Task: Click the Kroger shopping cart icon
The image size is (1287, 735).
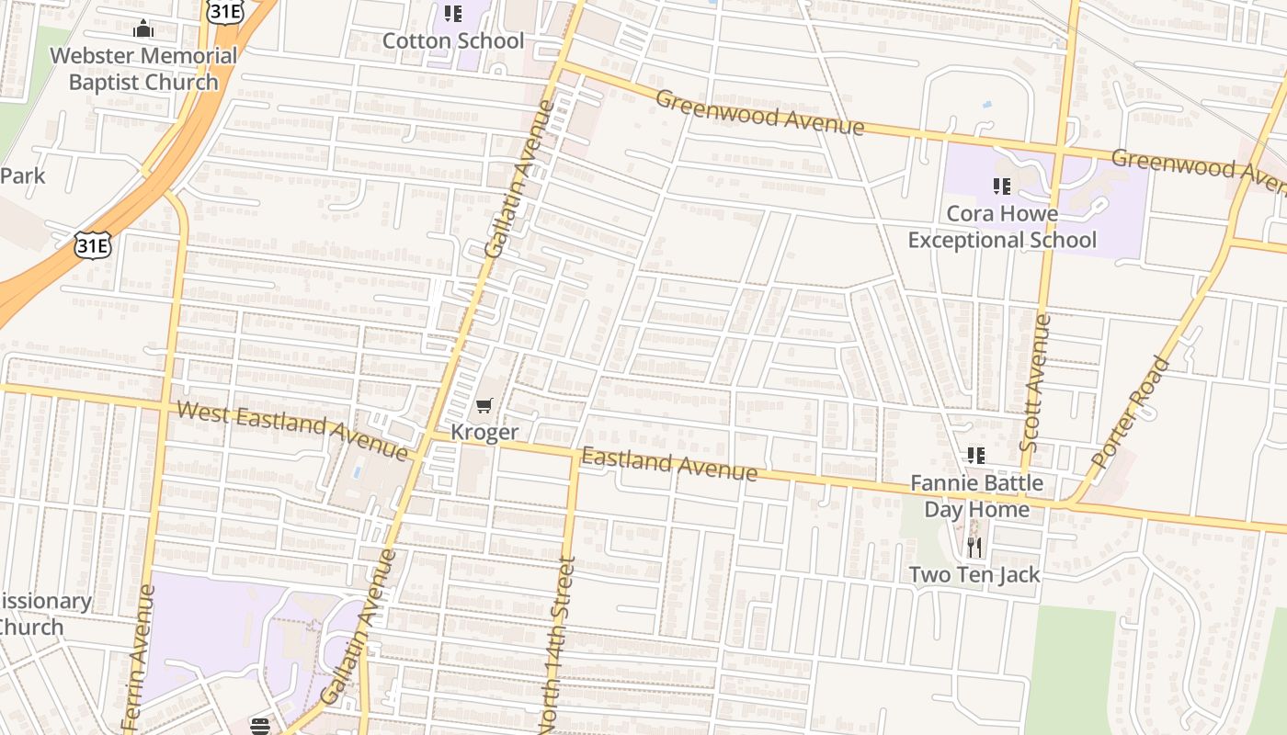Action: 484,405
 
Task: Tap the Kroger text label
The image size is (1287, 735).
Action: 484,432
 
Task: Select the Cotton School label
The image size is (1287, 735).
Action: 452,40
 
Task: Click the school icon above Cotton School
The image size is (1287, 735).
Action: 452,13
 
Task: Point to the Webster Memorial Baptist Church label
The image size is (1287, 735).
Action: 143,69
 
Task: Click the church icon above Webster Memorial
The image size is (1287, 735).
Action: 142,28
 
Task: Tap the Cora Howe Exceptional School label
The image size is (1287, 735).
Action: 1002,227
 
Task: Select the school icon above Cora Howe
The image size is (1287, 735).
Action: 1001,187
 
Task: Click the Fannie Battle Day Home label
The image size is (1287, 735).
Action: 976,495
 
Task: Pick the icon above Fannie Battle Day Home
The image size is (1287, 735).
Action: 975,455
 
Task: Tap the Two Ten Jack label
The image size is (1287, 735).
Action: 974,575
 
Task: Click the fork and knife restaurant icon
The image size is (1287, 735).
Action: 974,548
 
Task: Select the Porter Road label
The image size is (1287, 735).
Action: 1131,412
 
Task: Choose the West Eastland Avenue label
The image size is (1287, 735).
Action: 291,430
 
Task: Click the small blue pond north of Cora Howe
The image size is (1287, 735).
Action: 986,105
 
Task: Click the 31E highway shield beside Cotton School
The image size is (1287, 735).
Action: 225,11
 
